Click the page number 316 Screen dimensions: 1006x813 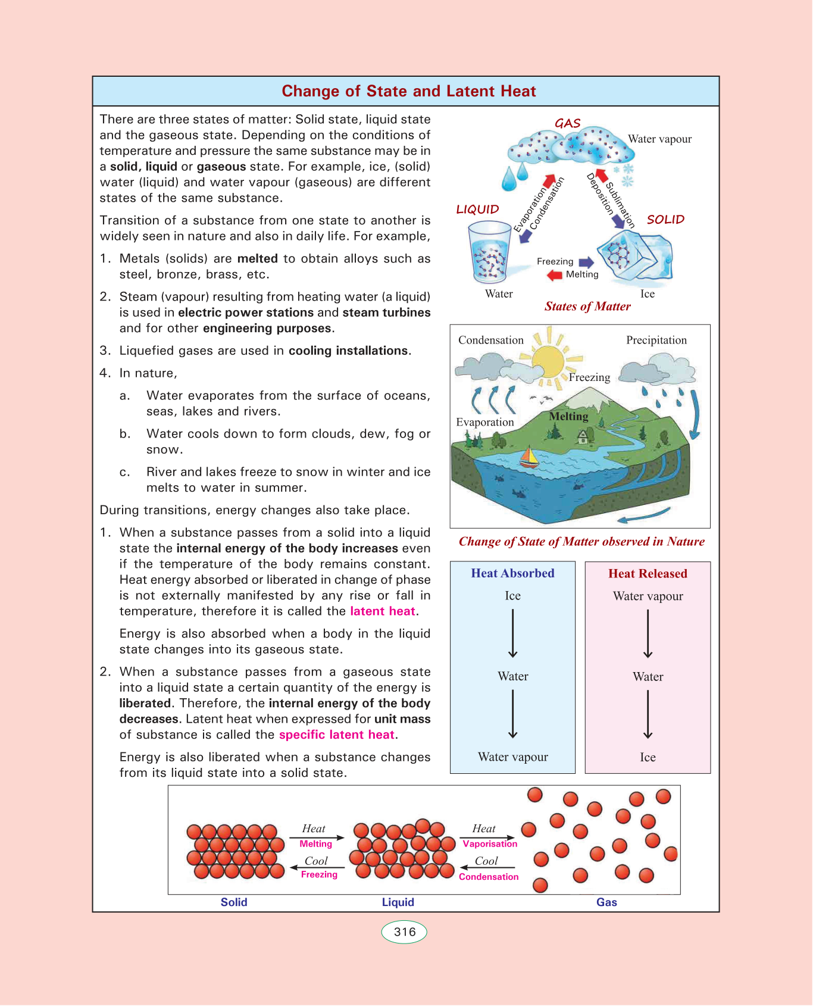click(404, 932)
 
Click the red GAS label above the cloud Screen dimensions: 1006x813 click(567, 123)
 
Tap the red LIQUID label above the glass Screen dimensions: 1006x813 click(477, 210)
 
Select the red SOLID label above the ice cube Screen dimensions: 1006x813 click(665, 220)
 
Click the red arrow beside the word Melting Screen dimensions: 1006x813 click(555, 275)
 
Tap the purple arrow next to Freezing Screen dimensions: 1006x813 click(586, 262)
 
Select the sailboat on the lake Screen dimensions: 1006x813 click(529, 457)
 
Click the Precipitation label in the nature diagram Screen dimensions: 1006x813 click(656, 340)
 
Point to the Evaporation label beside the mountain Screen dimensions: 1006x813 click(484, 422)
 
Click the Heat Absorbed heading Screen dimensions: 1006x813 click(512, 573)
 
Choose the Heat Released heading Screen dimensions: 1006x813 click(648, 574)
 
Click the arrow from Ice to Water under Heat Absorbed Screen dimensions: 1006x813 click(512, 634)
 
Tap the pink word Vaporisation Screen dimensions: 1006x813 click(490, 844)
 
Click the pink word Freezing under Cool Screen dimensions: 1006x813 click(319, 874)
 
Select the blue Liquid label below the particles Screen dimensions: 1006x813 click(398, 902)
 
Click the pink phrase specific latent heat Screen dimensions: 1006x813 click(337, 735)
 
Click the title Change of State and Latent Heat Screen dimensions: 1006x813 click(408, 91)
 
